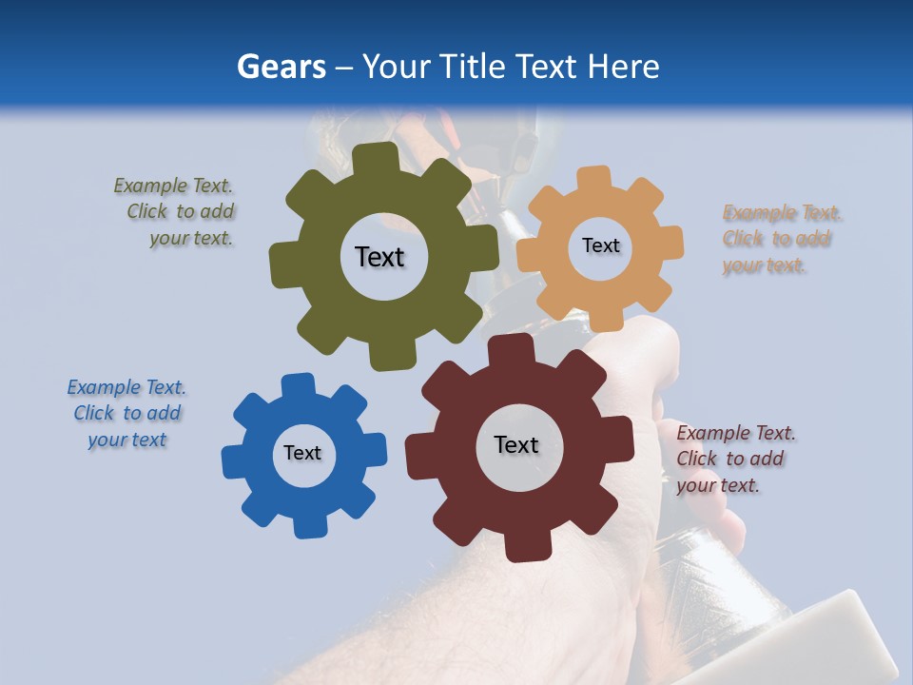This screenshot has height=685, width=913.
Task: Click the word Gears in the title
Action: [281, 67]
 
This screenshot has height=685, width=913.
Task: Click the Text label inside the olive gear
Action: [379, 257]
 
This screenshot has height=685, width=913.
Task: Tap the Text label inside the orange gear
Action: [600, 245]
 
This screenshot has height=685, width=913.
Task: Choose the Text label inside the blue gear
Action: [302, 453]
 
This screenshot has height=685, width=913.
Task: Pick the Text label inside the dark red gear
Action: [516, 444]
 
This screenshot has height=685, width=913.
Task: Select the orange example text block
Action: [780, 239]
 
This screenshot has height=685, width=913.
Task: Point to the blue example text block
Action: [126, 414]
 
